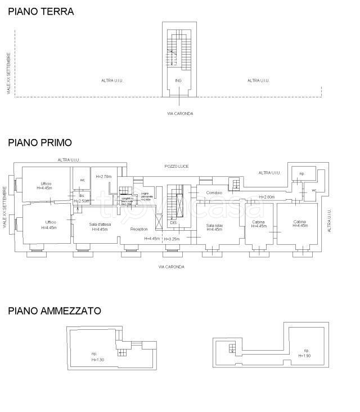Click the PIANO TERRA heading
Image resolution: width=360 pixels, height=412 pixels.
pyautogui.click(x=40, y=11)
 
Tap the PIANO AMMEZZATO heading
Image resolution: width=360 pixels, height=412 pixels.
pyautogui.click(x=54, y=310)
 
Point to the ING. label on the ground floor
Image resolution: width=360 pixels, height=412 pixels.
pyautogui.click(x=178, y=81)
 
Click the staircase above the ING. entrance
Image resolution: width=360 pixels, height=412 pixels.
pyautogui.click(x=179, y=51)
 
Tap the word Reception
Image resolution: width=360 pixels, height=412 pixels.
pyautogui.click(x=139, y=229)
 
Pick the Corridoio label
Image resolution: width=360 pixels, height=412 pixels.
pyautogui.click(x=214, y=193)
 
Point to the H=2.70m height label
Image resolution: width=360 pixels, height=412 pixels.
pyautogui.click(x=104, y=176)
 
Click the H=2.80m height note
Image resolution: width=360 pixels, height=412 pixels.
pyautogui.click(x=266, y=197)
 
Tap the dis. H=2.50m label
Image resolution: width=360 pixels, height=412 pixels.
pyautogui.click(x=82, y=198)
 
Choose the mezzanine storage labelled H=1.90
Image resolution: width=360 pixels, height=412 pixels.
pyautogui.click(x=304, y=353)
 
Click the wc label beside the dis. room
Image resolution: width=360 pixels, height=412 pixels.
pyautogui.click(x=82, y=180)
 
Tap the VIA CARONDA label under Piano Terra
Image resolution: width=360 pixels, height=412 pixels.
pyautogui.click(x=179, y=114)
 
